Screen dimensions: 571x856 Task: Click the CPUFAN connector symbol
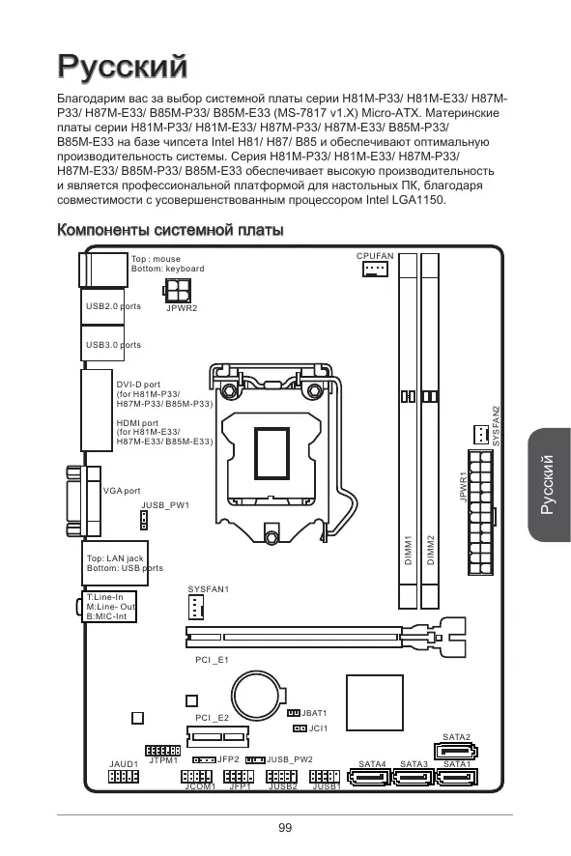375,269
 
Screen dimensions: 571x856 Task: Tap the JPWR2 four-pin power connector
178,291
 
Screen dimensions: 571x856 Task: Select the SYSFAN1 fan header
195,607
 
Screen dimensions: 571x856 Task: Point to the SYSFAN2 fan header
481,434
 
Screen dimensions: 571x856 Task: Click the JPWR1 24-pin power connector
481,511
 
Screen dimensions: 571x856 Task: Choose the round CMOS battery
258,697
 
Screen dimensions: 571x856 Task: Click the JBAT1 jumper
294,713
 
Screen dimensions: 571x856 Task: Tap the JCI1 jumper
300,728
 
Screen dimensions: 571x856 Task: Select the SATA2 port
455,752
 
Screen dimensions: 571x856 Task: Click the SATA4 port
370,777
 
